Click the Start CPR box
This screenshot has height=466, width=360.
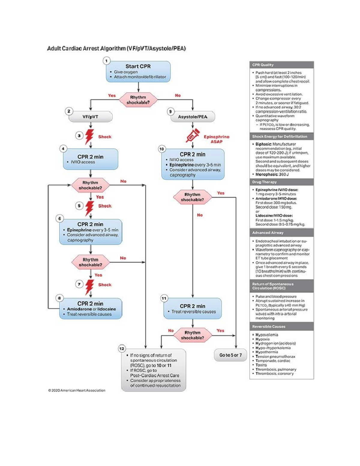138,72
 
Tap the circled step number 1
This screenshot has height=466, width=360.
106,61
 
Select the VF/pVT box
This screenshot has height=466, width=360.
91,117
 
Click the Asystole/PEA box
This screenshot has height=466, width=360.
193,117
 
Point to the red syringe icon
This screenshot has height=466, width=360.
192,136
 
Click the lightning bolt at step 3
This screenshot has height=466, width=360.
89,137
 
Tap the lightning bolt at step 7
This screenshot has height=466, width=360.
89,287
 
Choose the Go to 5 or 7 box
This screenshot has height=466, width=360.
230,355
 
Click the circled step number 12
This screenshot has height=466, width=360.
122,349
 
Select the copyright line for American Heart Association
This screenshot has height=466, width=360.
77,390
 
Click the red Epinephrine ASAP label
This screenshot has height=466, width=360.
216,139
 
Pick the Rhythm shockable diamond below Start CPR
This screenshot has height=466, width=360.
138,100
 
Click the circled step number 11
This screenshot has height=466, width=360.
164,298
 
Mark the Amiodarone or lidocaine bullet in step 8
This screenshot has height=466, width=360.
91,309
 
